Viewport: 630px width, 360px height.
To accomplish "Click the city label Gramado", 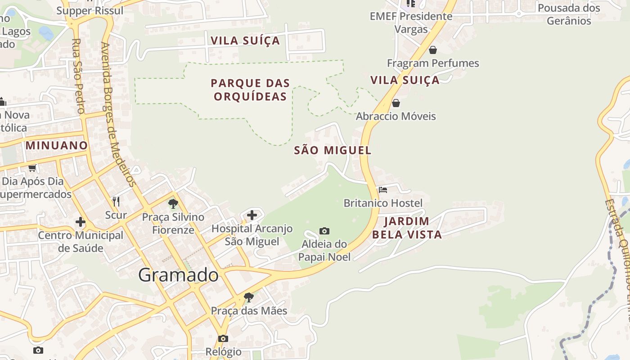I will pos(178,274).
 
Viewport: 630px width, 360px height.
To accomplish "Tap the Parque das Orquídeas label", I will pos(250,90).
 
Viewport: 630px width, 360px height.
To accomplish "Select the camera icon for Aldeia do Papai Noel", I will pos(324,231).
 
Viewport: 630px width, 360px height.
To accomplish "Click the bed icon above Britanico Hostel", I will pos(383,190).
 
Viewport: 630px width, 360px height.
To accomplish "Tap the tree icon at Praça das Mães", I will pos(248,297).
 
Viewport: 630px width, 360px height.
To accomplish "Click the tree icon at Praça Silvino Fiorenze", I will pos(173,204).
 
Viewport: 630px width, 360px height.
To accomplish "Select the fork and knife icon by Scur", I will pos(116,201).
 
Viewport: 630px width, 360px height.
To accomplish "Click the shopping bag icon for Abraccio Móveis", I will pos(396,103).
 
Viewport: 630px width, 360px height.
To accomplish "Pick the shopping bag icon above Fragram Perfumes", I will pos(432,49).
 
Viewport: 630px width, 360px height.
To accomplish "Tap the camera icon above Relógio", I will pos(223,338).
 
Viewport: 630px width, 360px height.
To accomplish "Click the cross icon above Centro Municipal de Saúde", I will pos(81,222).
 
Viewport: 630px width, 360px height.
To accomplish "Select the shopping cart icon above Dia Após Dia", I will pos(32,168).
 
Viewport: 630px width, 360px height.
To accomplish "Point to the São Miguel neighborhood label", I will pos(333,150).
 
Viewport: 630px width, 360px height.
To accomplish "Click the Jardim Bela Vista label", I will pos(407,228).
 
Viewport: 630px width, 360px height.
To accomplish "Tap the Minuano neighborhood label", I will pos(57,145).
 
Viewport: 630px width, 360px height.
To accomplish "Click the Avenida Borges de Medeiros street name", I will pos(118,115).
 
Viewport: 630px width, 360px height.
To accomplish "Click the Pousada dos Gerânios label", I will pos(569,14).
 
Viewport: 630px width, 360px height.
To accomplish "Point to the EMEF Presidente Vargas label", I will pos(411,22).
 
